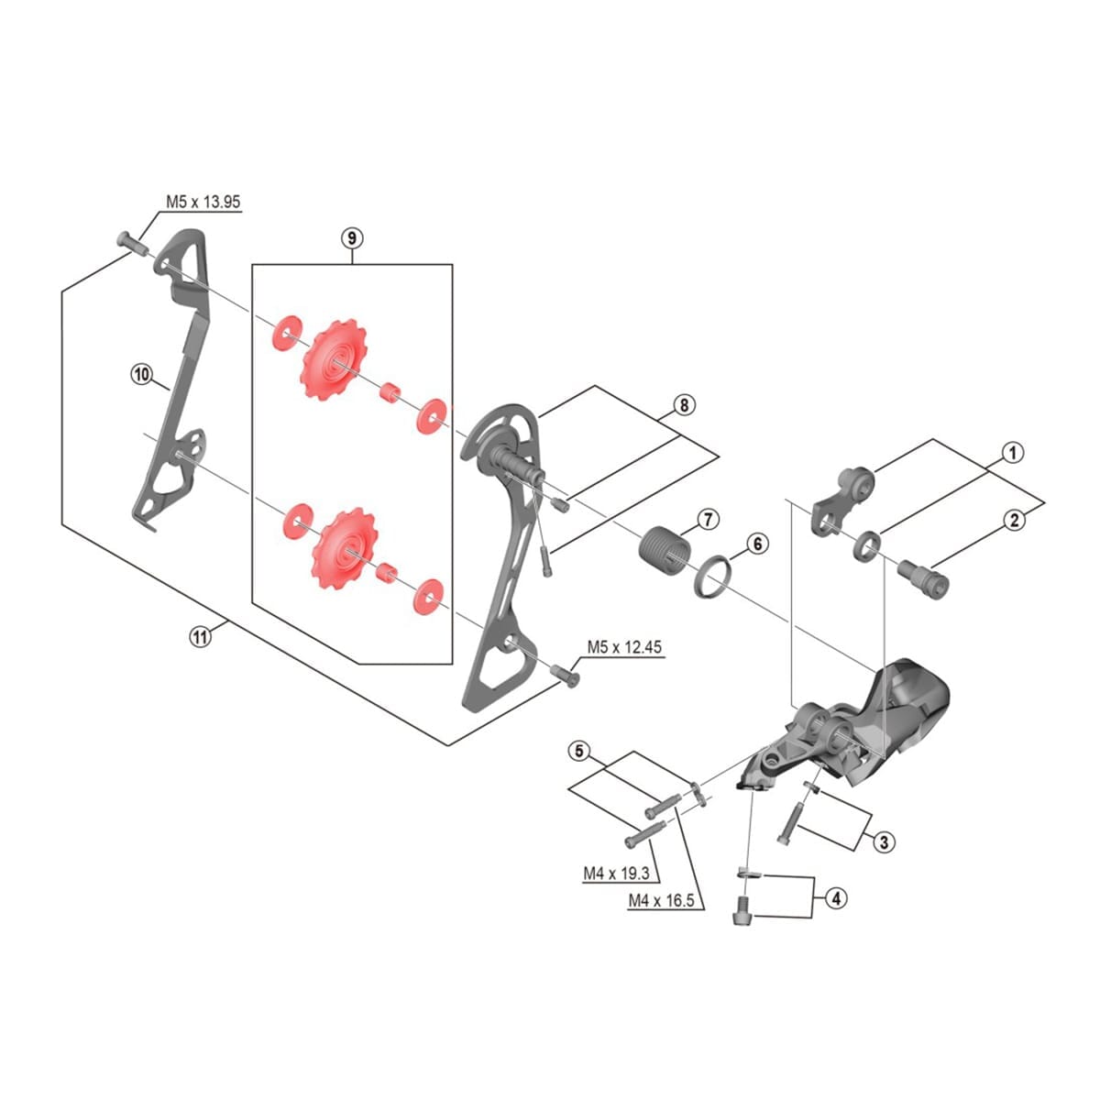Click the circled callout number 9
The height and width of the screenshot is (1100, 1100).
352,237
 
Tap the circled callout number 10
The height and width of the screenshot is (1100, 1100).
141,375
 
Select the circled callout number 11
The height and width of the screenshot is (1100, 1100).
201,636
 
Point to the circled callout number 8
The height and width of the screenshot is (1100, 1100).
684,405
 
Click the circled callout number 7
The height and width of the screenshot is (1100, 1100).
708,520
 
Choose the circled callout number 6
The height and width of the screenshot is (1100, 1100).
757,544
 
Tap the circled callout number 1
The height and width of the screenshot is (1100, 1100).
1013,454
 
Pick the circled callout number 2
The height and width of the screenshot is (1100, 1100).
1014,521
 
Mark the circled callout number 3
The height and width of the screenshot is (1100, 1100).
884,841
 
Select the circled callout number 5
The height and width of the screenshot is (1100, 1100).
579,752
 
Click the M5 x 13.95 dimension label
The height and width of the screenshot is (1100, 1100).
203,202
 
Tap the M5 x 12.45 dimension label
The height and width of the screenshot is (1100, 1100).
624,647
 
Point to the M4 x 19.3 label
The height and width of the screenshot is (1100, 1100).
617,874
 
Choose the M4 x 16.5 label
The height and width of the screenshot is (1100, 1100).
661,901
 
